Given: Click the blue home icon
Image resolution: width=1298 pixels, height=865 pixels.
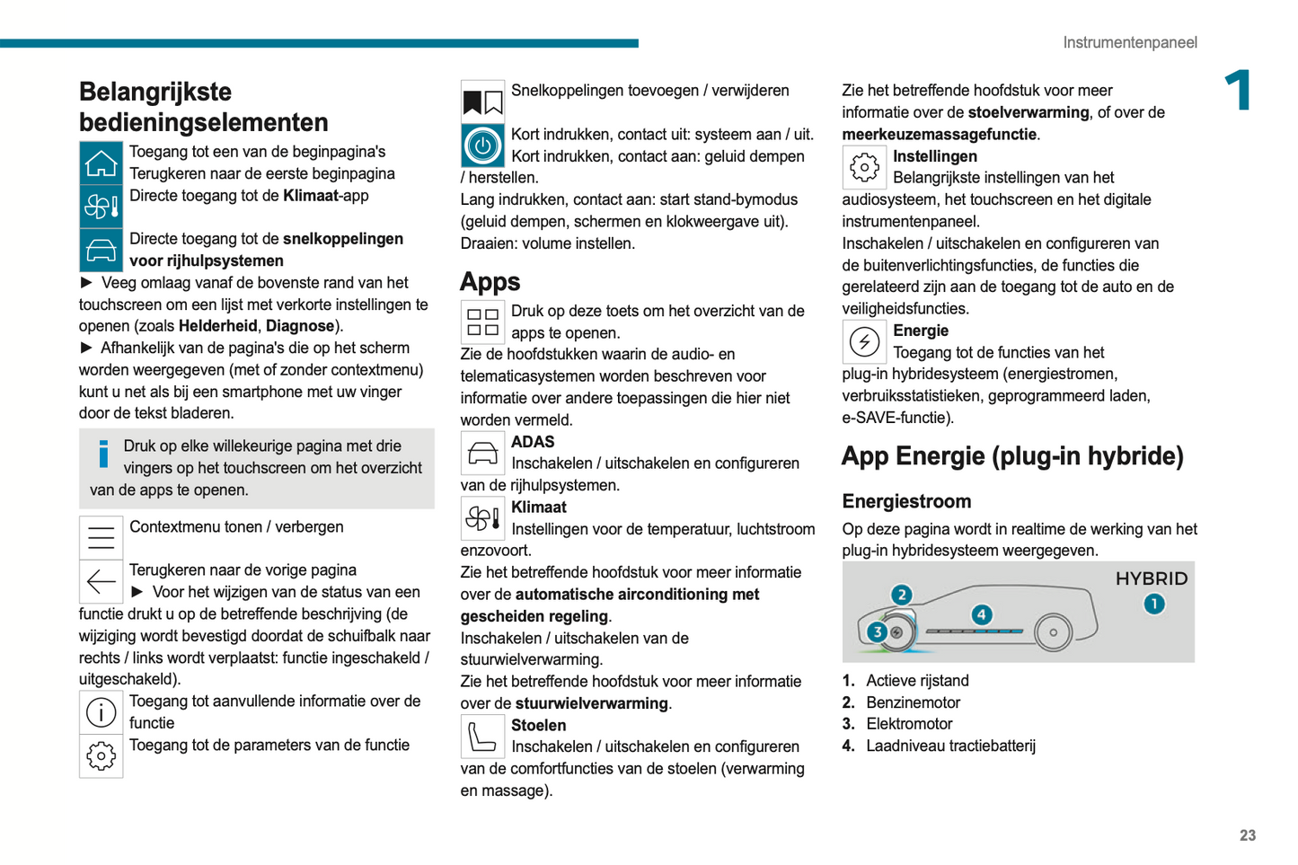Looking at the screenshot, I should pos(101,163).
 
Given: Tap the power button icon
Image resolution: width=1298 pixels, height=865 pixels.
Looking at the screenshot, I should pos(482,146).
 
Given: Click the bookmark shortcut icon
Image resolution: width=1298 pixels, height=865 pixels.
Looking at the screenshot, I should pos(482,102).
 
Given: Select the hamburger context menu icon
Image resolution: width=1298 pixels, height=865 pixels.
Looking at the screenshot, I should pos(101,537).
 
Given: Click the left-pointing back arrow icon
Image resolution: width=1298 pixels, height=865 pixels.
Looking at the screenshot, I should pos(101,581).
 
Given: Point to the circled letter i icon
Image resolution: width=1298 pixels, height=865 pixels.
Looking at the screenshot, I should pos(101,712).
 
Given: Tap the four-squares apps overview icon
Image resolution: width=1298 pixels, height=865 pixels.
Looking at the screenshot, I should pos(482,322).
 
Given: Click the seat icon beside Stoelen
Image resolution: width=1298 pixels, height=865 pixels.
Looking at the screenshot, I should pos(482,737).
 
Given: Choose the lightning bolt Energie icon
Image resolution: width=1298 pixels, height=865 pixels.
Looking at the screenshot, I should pos(864,341).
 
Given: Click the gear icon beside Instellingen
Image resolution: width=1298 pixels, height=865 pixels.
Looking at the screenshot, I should pos(864,166).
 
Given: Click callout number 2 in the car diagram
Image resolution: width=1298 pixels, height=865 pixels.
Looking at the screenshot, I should pos(901,595).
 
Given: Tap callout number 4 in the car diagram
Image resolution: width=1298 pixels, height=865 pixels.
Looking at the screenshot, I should pos(982,614).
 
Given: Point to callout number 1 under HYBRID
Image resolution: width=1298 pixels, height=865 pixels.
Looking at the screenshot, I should pos(1153,604).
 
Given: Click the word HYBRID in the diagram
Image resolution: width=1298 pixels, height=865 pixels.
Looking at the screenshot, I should pos(1151,578).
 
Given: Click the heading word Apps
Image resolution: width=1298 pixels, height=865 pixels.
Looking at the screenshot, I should pos(490,282).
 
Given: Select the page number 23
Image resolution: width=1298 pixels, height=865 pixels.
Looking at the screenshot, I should pos(1247,835).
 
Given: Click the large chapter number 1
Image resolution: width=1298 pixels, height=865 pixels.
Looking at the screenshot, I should pos(1239,91).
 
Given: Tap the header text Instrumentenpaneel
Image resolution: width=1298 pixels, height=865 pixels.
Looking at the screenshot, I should pos(1129,42).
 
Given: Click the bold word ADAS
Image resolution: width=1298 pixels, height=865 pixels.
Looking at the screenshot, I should pos(533,442).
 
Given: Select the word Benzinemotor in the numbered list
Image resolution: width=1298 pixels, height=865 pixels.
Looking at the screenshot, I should pos(913,702).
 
